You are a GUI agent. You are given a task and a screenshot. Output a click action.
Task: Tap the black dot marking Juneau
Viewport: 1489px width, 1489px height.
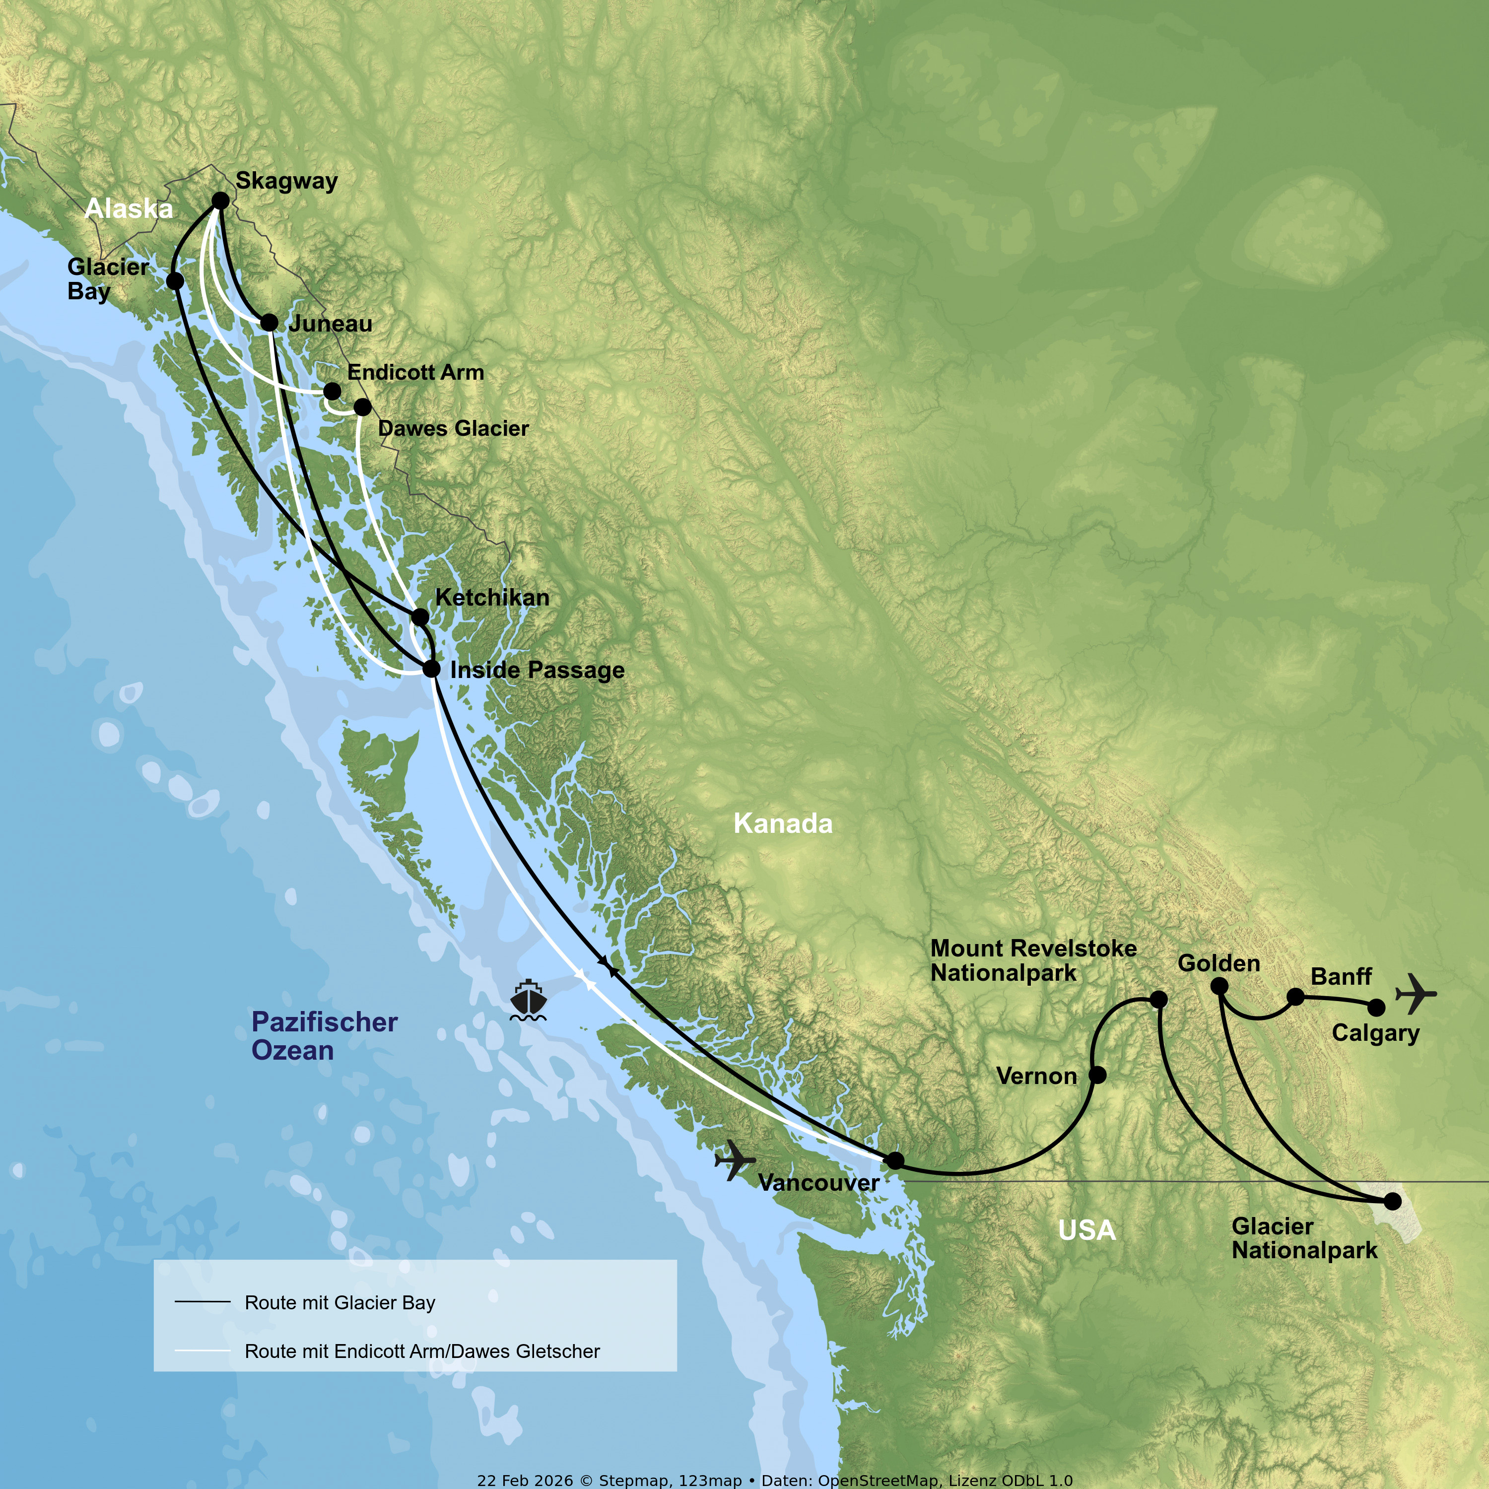point(269,322)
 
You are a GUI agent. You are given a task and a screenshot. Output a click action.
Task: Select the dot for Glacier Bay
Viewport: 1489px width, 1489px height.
point(175,280)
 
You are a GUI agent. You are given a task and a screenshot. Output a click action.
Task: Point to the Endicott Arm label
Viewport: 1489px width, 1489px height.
point(415,372)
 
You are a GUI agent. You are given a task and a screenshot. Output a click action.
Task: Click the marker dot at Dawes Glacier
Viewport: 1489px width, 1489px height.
point(362,406)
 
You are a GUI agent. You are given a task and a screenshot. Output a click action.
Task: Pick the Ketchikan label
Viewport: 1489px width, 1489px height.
point(492,597)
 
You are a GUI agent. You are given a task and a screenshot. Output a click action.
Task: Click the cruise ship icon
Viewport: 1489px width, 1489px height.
point(528,1000)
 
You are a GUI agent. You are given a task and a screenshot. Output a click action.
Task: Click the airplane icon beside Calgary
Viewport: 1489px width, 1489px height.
point(1415,994)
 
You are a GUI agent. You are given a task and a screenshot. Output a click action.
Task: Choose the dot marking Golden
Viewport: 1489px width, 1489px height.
point(1219,986)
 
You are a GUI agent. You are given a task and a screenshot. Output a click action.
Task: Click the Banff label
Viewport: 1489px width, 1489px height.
point(1341,976)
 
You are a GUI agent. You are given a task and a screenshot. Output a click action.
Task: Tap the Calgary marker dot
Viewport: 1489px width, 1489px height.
point(1376,1008)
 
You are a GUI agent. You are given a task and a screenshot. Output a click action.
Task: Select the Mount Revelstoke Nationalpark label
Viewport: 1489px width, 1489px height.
point(1033,960)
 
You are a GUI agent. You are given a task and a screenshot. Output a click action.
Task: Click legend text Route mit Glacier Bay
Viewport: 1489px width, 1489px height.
point(340,1302)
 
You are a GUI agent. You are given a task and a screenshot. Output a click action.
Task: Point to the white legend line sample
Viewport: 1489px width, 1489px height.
point(203,1350)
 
